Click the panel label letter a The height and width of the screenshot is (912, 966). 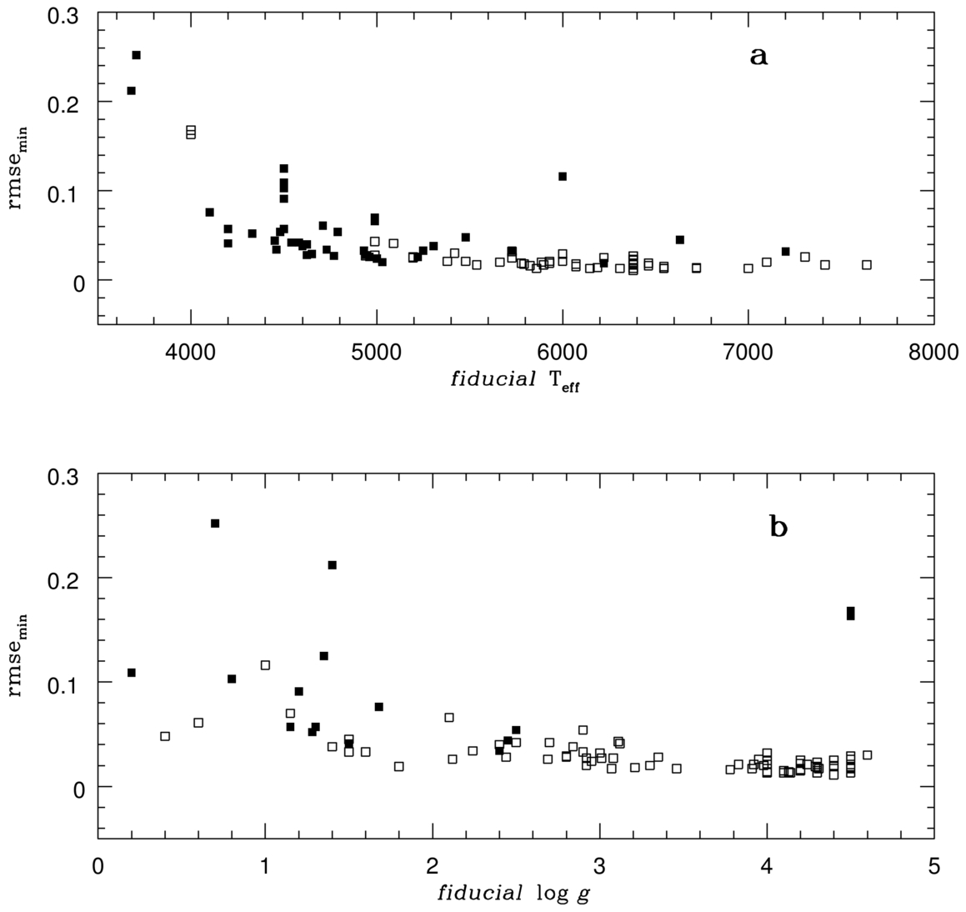tap(758, 57)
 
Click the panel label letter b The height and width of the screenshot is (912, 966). tap(778, 528)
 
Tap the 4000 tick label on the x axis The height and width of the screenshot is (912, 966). tap(191, 353)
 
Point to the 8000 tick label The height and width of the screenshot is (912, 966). tap(933, 353)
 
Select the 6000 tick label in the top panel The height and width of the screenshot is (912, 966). tap(563, 353)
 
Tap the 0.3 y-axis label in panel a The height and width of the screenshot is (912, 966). tap(68, 13)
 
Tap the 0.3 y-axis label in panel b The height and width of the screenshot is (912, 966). tap(68, 475)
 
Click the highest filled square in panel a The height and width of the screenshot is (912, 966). tap(137, 55)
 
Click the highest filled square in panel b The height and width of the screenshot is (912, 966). tap(215, 524)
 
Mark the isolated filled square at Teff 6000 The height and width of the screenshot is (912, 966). tap(563, 176)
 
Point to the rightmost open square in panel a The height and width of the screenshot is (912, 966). tap(867, 264)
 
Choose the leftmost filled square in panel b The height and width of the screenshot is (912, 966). tap(132, 673)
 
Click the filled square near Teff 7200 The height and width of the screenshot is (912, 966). tap(785, 251)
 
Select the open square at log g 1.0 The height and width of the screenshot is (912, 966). tap(265, 665)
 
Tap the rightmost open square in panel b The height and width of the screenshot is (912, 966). tap(867, 754)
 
